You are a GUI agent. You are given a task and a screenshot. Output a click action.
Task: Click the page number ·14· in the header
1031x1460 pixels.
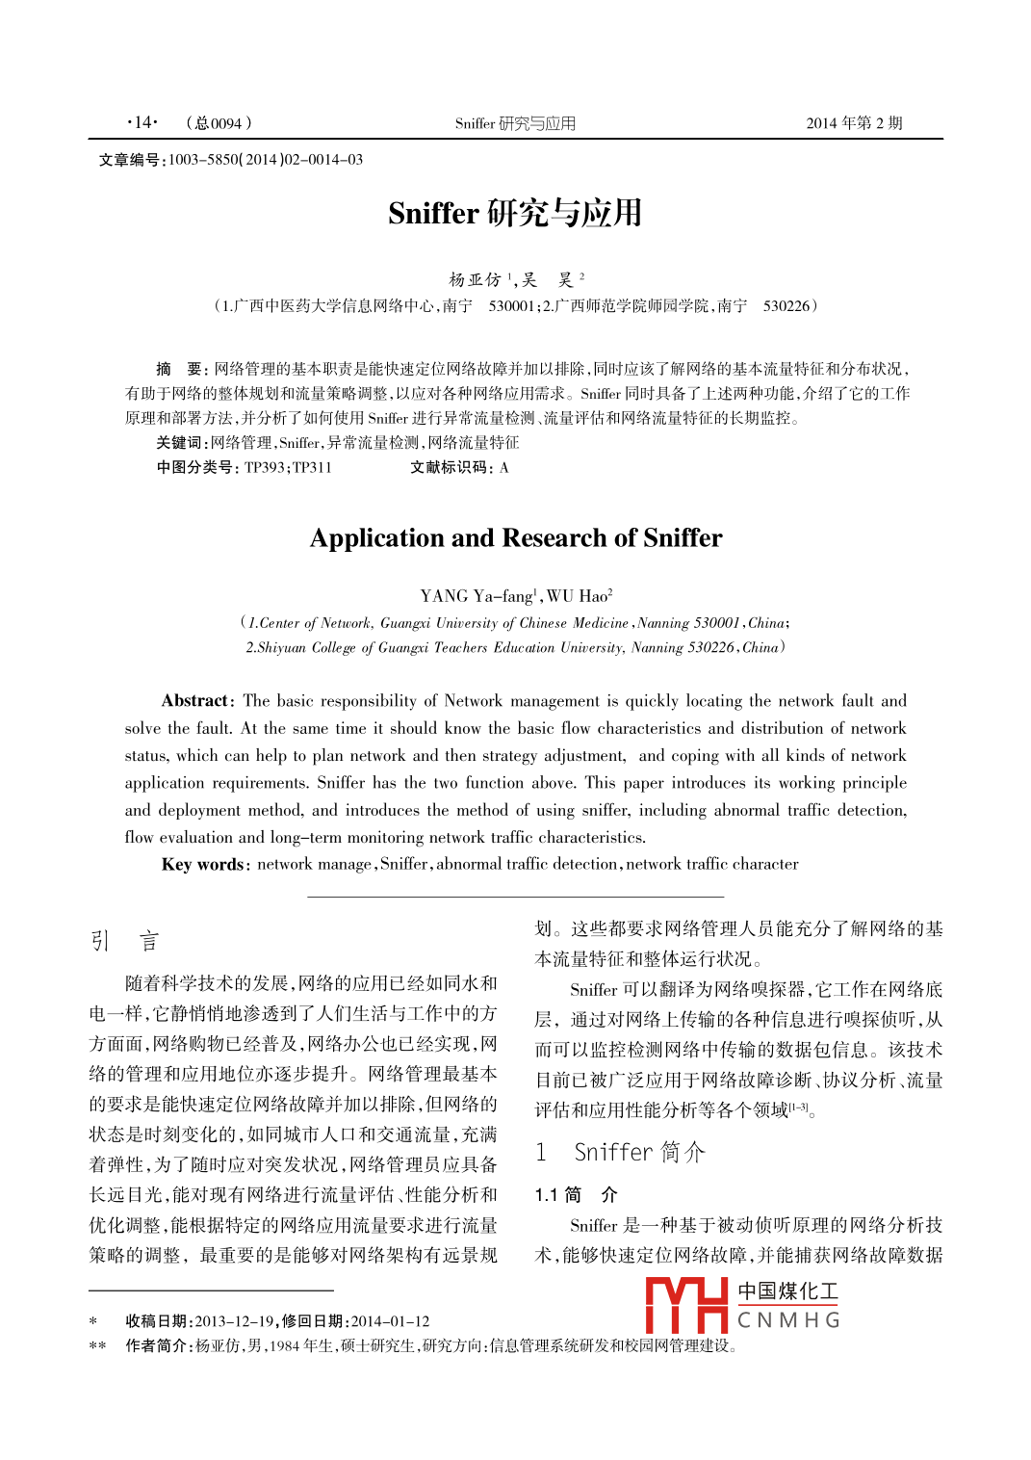click(x=142, y=122)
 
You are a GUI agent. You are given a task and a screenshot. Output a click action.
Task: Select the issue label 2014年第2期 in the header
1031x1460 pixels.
click(x=854, y=123)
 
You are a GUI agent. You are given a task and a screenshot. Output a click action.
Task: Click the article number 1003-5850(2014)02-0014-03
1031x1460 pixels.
click(x=265, y=160)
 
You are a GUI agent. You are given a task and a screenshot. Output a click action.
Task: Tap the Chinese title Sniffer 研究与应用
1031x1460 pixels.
click(x=515, y=213)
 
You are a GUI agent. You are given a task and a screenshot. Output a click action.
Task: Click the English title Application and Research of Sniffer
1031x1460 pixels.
click(x=516, y=538)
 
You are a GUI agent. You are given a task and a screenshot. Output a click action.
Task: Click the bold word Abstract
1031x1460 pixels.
click(x=195, y=701)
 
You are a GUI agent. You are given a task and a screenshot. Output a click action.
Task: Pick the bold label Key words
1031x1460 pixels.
click(x=203, y=864)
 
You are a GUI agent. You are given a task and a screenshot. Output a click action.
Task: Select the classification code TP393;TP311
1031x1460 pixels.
click(x=288, y=468)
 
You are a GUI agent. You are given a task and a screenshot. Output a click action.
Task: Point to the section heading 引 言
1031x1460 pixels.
click(x=124, y=941)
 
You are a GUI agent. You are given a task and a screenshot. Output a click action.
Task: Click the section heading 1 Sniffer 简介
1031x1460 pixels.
click(x=621, y=1152)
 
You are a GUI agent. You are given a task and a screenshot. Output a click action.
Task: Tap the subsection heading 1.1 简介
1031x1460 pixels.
click(x=576, y=1195)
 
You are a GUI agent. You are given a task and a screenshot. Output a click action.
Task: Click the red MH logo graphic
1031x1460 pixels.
click(x=686, y=1305)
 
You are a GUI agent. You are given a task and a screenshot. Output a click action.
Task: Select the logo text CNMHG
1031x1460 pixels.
click(x=788, y=1320)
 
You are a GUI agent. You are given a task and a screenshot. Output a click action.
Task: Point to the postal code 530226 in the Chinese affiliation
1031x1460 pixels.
click(x=786, y=306)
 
